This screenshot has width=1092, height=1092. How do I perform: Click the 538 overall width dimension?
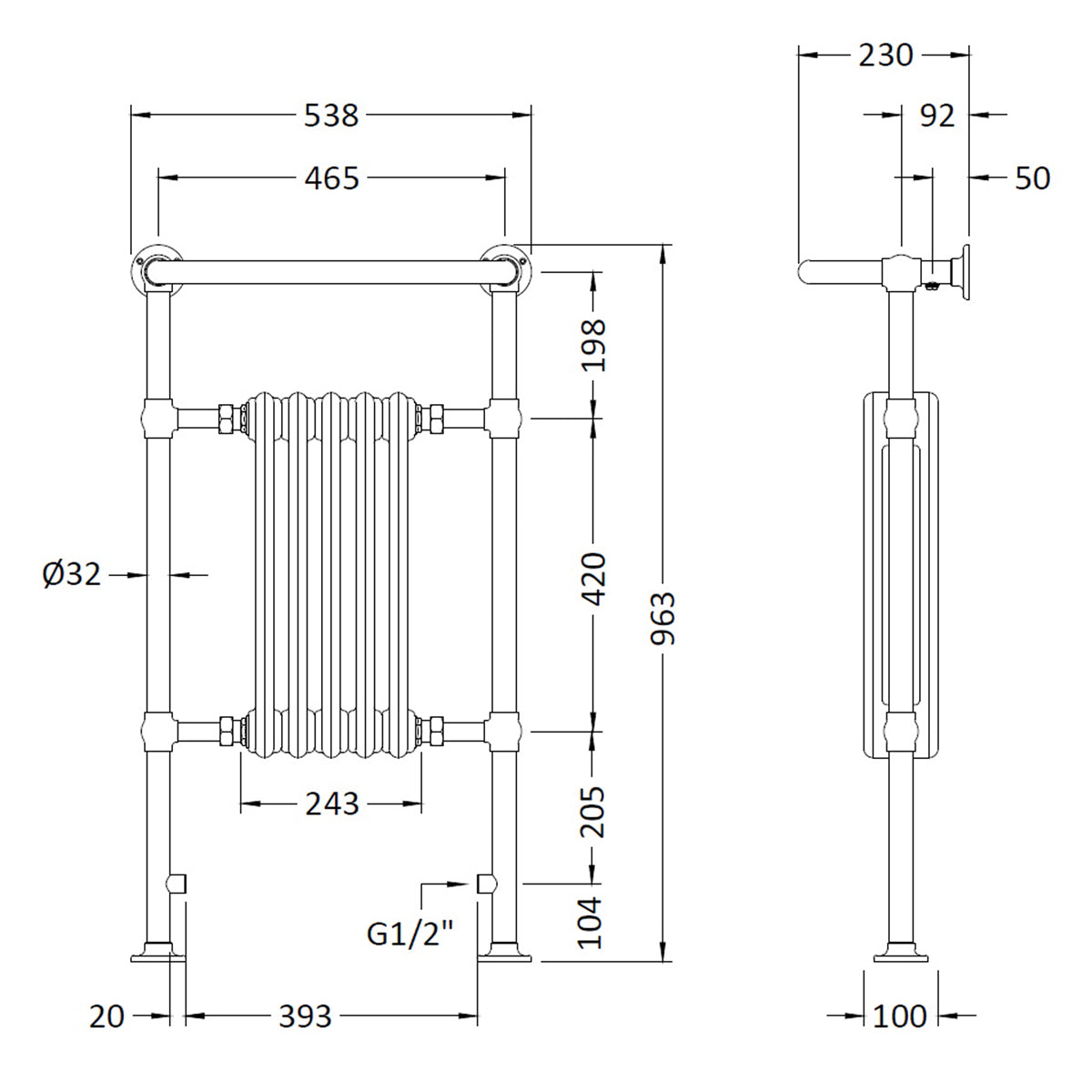pyautogui.click(x=332, y=116)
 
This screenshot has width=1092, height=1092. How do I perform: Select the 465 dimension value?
pyautogui.click(x=332, y=178)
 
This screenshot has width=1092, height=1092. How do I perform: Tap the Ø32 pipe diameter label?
pyautogui.click(x=72, y=574)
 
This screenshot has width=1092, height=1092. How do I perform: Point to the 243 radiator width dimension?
pyautogui.click(x=332, y=804)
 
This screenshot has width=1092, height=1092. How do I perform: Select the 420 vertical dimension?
pyautogui.click(x=593, y=578)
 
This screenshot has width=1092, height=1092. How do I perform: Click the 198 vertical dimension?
pyautogui.click(x=593, y=344)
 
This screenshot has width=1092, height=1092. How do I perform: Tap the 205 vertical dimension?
pyautogui.click(x=593, y=811)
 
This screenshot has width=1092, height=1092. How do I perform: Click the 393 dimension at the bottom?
pyautogui.click(x=306, y=1016)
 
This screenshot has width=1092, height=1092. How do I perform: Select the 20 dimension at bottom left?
pyautogui.click(x=106, y=1016)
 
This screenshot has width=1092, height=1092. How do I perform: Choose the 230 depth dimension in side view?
pyautogui.click(x=885, y=56)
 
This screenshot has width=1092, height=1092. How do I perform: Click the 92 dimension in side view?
pyautogui.click(x=936, y=116)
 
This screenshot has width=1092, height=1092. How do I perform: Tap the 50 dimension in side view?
pyautogui.click(x=1032, y=178)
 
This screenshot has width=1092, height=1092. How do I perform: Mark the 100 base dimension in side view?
pyautogui.click(x=899, y=1016)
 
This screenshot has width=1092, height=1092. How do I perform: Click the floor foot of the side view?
pyautogui.click(x=900, y=955)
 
